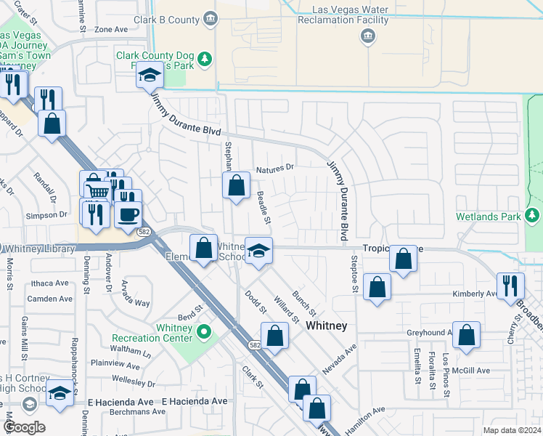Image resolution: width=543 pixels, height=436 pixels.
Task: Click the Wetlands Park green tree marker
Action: (534, 215)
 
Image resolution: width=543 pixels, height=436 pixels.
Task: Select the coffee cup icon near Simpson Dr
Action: (128, 214)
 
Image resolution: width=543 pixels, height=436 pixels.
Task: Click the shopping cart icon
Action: (97, 190)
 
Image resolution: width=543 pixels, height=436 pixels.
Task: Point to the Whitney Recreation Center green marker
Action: (204, 332)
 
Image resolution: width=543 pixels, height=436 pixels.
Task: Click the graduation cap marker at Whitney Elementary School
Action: (258, 251)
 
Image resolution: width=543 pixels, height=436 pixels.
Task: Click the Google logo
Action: (24, 427)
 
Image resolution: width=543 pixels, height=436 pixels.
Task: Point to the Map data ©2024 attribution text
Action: (511, 430)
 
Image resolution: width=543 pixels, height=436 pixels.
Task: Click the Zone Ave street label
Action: (110, 30)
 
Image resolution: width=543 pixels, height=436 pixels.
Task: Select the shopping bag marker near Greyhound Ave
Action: (466, 335)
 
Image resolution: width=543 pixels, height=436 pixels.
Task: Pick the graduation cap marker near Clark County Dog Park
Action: (150, 76)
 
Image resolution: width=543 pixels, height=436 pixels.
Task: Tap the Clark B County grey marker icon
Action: (211, 17)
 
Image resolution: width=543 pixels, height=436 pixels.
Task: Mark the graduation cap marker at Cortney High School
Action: (60, 393)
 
